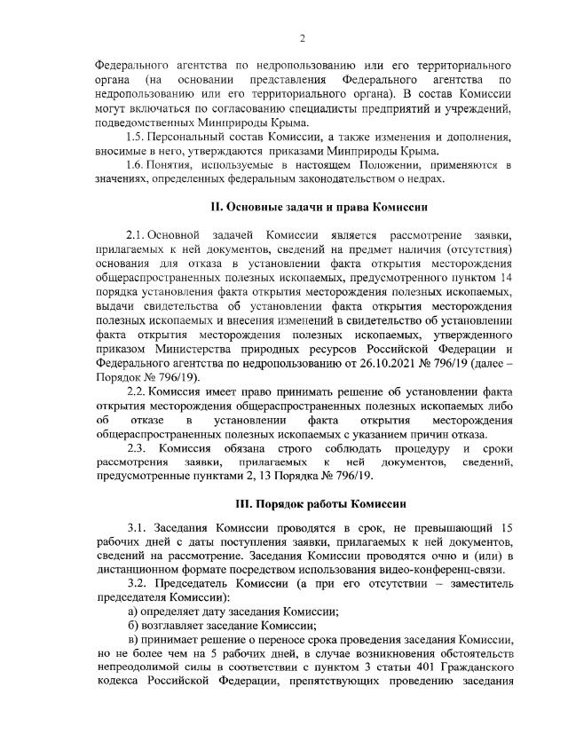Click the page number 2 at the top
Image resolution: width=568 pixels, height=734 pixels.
(x=303, y=36)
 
